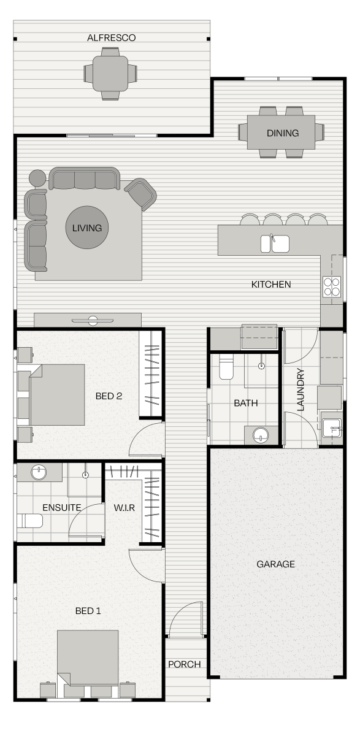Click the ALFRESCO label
click(x=111, y=38)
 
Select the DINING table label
click(x=282, y=133)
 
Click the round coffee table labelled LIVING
click(x=86, y=228)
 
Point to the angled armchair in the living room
click(x=140, y=194)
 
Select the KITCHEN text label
click(x=271, y=285)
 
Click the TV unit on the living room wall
click(x=87, y=320)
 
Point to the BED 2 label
click(x=109, y=396)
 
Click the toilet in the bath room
click(x=226, y=367)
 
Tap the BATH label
click(x=245, y=404)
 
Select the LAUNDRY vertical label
click(x=301, y=389)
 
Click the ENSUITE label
click(x=61, y=508)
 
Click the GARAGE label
click(x=275, y=564)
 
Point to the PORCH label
click(x=184, y=664)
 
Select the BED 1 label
click(x=88, y=611)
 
